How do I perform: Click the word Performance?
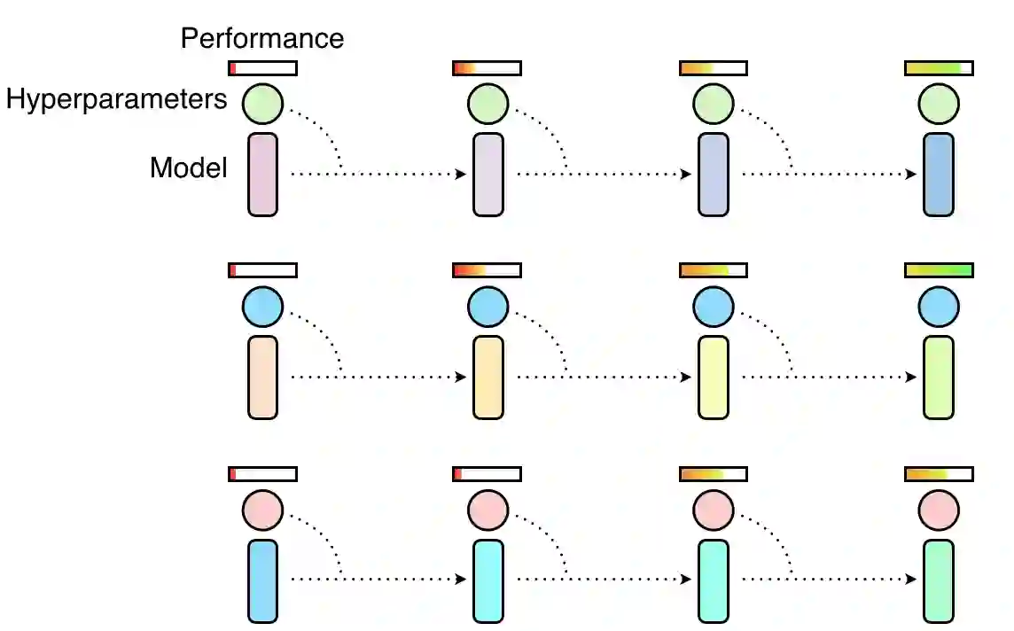[261, 38]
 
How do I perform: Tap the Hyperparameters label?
[116, 99]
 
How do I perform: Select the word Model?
[189, 167]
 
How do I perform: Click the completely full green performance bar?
[939, 270]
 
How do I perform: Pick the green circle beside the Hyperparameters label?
[262, 104]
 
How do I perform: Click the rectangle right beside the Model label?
[262, 175]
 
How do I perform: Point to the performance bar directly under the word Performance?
[262, 68]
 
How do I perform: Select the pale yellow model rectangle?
[714, 378]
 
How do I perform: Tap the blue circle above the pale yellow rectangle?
[714, 308]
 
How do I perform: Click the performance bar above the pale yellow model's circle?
[714, 270]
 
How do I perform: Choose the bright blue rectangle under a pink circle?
[262, 580]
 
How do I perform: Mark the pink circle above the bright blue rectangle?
[262, 511]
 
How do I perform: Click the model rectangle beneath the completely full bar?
[939, 378]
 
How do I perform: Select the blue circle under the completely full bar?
[939, 308]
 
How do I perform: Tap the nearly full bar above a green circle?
[939, 68]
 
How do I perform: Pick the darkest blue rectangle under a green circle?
[939, 175]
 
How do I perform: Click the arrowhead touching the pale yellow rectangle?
[686, 378]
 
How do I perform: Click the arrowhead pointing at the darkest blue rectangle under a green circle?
[911, 175]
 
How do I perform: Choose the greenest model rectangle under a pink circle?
[939, 580]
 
